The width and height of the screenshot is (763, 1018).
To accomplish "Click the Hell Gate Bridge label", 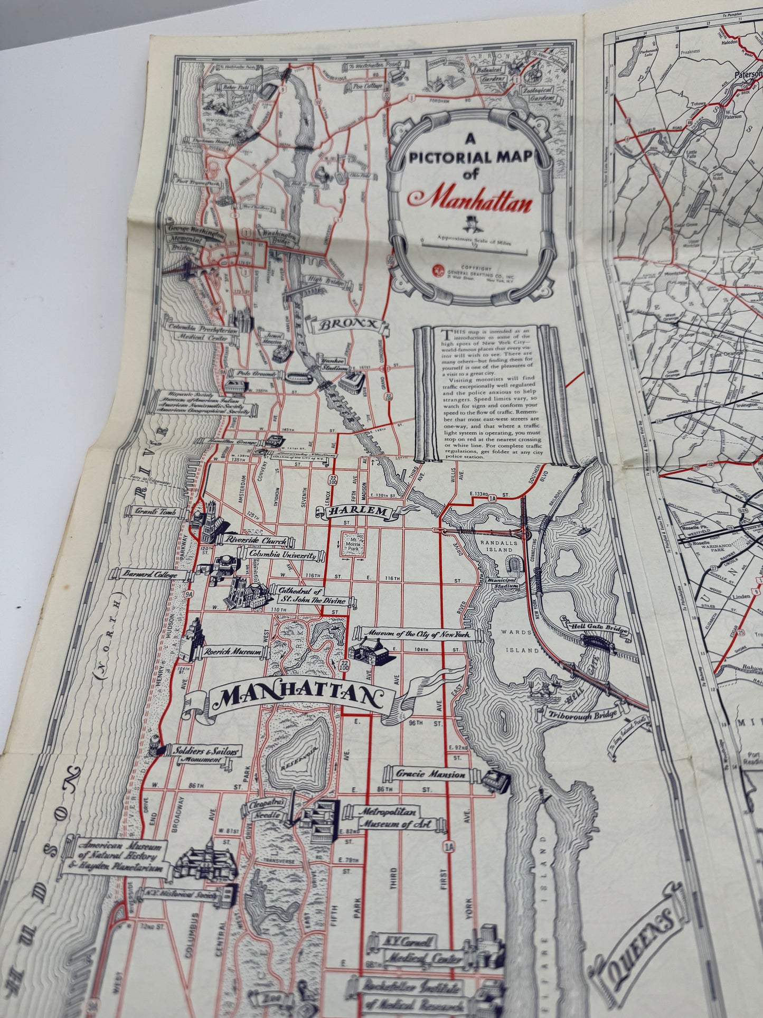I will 594,627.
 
